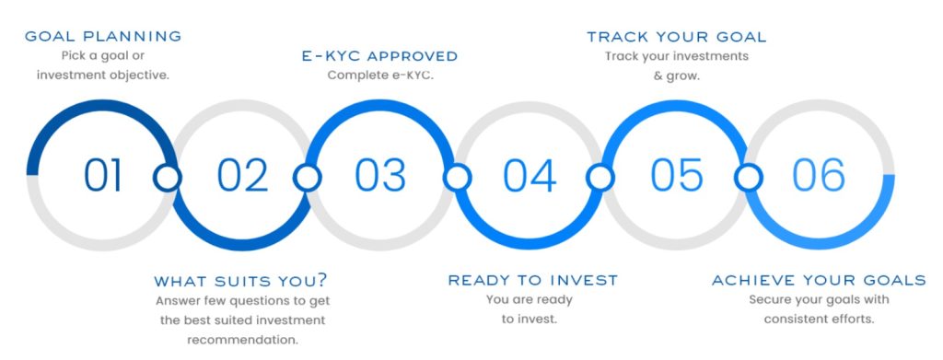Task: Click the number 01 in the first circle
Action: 102,175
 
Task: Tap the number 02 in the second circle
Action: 242,175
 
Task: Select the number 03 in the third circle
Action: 379,175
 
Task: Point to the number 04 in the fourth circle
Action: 530,175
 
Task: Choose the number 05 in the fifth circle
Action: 676,175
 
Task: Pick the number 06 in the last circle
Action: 818,175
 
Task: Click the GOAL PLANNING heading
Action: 103,37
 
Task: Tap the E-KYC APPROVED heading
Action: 379,56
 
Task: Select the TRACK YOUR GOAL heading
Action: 677,37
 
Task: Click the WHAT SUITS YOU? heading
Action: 240,281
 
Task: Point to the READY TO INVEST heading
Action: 533,280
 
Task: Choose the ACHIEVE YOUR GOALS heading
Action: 819,280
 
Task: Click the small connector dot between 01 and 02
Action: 168,177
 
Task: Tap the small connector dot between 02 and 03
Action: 307,177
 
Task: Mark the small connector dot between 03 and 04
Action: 455,177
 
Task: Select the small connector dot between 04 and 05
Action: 600,177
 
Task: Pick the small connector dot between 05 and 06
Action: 748,177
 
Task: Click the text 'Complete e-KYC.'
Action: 380,75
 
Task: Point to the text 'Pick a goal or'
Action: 103,56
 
